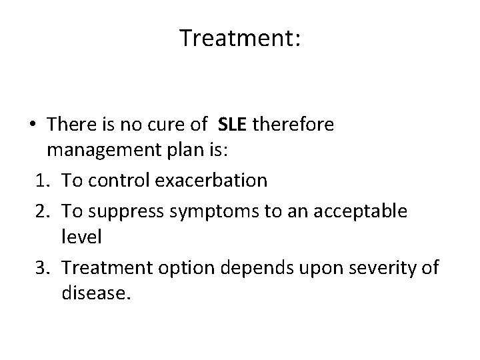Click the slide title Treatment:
(x=240, y=39)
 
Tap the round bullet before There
(x=32, y=125)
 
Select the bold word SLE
(x=232, y=125)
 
